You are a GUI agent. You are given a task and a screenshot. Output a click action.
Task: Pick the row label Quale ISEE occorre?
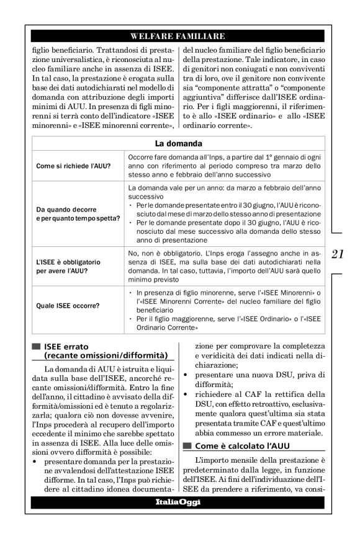(x=65, y=305)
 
